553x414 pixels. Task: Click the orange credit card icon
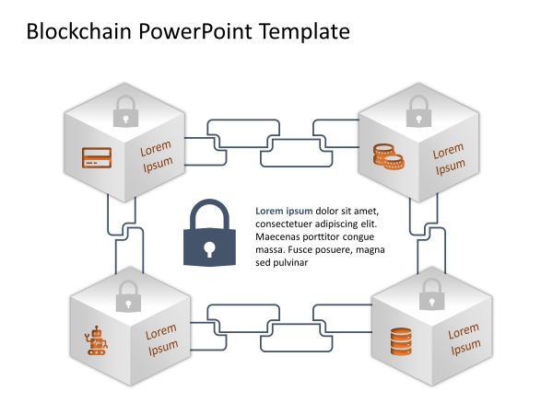point(97,157)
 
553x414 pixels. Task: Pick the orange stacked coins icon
point(388,156)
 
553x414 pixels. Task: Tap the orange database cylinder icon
point(398,343)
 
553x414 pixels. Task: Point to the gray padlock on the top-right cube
point(418,113)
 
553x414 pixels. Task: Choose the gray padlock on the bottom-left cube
point(128,295)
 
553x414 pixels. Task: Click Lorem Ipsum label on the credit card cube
point(156,156)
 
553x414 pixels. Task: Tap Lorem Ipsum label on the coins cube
point(450,159)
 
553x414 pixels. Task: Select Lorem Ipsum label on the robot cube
point(161,338)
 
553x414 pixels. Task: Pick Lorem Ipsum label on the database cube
point(464,338)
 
